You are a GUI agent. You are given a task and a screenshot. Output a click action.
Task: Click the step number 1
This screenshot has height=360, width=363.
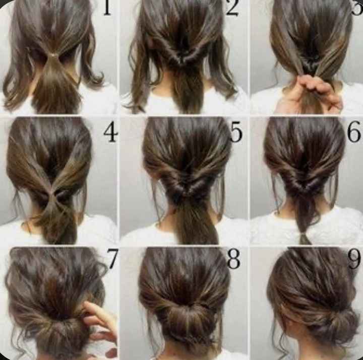tap(106, 8)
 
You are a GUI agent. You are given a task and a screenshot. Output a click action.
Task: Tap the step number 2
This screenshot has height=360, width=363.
tap(232, 9)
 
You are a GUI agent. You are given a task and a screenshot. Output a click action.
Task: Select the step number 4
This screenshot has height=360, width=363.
tap(110, 132)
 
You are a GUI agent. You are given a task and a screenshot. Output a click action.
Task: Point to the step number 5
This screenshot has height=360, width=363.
tap(236, 132)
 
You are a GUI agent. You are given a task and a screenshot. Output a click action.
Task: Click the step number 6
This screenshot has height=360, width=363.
tap(354, 132)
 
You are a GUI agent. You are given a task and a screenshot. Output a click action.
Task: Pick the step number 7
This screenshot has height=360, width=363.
tap(112, 259)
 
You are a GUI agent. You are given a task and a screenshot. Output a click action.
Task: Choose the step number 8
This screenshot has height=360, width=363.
tap(233, 260)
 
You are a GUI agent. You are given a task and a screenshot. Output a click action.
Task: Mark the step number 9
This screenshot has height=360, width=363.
tap(354, 260)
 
